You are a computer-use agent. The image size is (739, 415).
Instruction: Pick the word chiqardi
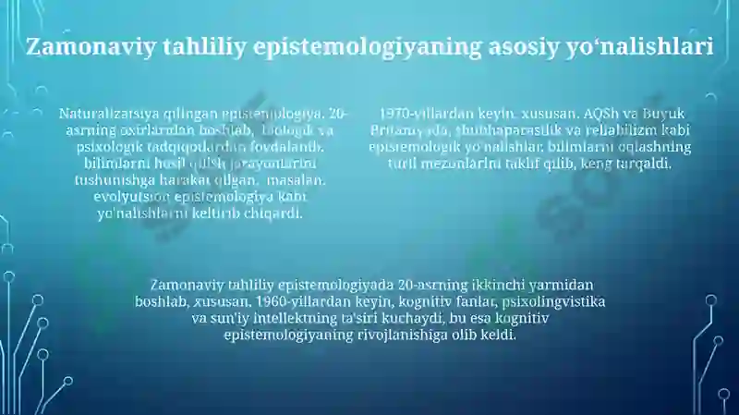(274, 214)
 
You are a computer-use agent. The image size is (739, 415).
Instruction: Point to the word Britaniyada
(410, 130)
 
